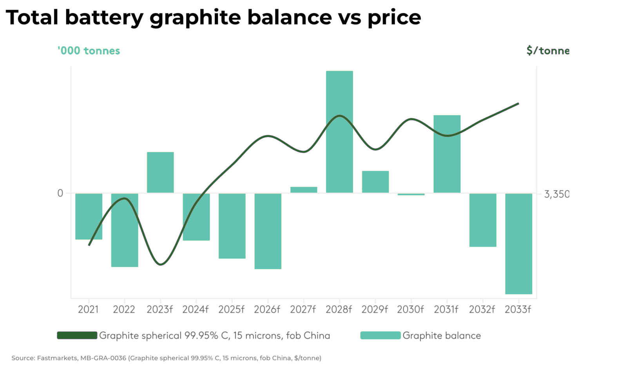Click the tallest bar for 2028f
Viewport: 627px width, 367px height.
click(x=339, y=132)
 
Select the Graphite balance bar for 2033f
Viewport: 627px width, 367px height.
click(x=518, y=243)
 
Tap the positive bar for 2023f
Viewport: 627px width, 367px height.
click(x=160, y=173)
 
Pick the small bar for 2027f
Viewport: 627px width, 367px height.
click(x=304, y=190)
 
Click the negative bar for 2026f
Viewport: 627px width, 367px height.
click(x=268, y=231)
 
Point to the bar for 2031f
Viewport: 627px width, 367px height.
click(x=447, y=154)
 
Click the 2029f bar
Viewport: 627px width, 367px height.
click(x=375, y=182)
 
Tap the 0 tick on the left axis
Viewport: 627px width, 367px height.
click(x=60, y=193)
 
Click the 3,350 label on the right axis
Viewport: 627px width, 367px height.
click(x=556, y=194)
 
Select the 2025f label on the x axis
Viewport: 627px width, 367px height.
click(x=231, y=309)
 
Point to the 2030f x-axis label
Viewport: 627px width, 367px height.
click(x=410, y=309)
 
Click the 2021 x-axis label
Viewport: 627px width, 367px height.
click(x=88, y=309)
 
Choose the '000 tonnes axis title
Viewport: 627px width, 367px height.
click(x=89, y=51)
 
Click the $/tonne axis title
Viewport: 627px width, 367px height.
click(x=547, y=51)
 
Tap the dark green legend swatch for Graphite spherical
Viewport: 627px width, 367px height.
click(x=77, y=335)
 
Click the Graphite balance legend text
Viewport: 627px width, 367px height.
click(x=442, y=336)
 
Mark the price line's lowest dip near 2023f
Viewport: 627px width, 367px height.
click(x=160, y=264)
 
